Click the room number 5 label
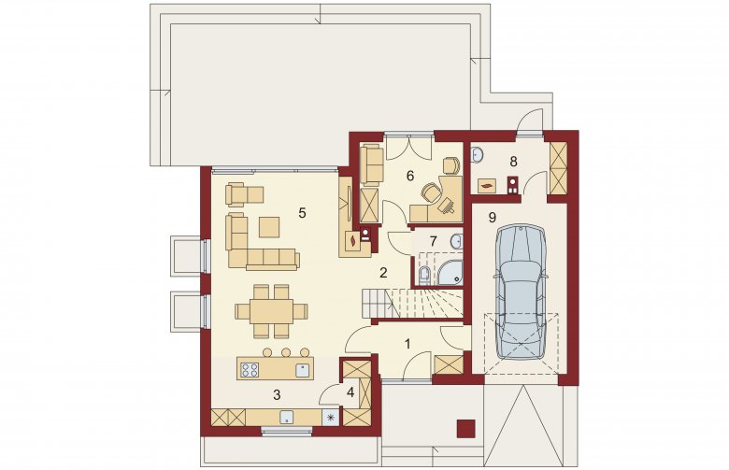pos(302,213)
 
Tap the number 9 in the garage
pos(493,218)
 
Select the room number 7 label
pos(434,241)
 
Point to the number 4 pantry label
pos(350,392)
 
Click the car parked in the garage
pos(521,292)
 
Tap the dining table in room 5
pos(271,311)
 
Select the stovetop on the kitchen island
pos(250,370)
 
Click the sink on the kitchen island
pos(303,370)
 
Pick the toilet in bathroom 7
pos(424,277)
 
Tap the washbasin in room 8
pos(478,155)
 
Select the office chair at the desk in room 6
pos(432,191)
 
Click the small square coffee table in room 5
pos(269,227)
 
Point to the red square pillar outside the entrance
pos(466,429)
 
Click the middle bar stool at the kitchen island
pos(286,352)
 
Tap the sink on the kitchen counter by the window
pos(287,417)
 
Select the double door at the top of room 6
pos(409,147)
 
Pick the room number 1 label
pos(407,345)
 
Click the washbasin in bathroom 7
pos(456,241)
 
